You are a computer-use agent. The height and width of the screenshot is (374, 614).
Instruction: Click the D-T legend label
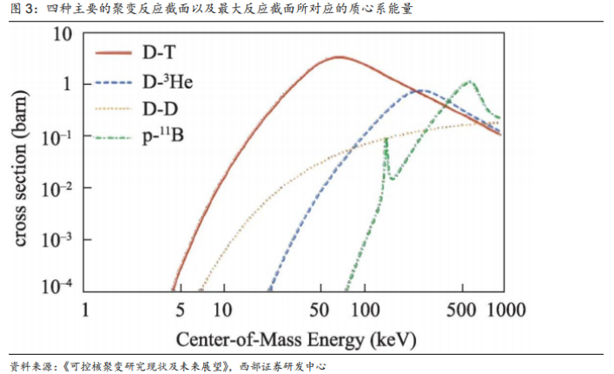point(161,53)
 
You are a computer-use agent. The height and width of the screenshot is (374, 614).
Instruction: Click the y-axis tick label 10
point(60,35)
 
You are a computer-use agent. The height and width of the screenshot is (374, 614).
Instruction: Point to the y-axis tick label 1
point(64,85)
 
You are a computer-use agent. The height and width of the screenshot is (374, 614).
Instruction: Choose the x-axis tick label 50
point(320,310)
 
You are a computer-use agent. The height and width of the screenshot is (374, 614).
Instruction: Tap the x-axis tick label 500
point(461,310)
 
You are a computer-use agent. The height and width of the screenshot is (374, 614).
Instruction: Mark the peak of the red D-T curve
point(339,57)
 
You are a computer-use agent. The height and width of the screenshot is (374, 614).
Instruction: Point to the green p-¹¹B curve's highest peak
point(470,82)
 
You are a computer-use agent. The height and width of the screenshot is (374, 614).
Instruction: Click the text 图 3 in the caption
point(21,10)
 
